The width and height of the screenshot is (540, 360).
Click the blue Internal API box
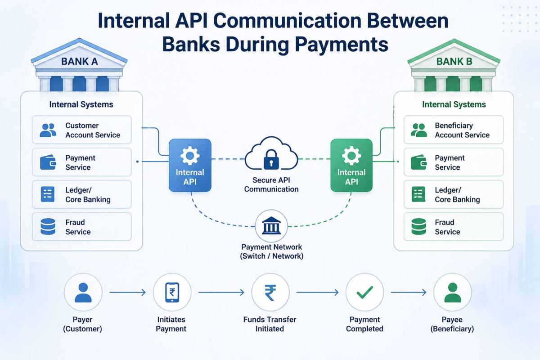(189, 166)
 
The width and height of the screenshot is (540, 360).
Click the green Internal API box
(351, 166)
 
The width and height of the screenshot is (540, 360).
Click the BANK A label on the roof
(79, 62)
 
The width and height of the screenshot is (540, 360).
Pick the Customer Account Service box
(81, 130)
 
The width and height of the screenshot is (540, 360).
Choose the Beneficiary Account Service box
(453, 130)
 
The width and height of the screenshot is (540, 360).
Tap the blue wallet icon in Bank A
(48, 162)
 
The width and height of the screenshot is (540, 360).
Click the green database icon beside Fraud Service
(418, 227)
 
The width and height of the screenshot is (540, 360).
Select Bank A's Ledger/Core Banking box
(81, 194)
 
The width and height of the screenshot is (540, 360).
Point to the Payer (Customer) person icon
(83, 292)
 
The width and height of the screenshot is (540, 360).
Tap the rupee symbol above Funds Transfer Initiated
(270, 292)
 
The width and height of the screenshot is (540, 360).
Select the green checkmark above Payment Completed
(364, 292)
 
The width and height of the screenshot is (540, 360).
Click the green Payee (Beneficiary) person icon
(452, 292)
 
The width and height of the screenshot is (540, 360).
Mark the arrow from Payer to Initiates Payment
(127, 292)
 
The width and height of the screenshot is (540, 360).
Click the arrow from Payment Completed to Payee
(408, 292)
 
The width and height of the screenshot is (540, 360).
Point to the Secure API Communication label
(271, 184)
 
